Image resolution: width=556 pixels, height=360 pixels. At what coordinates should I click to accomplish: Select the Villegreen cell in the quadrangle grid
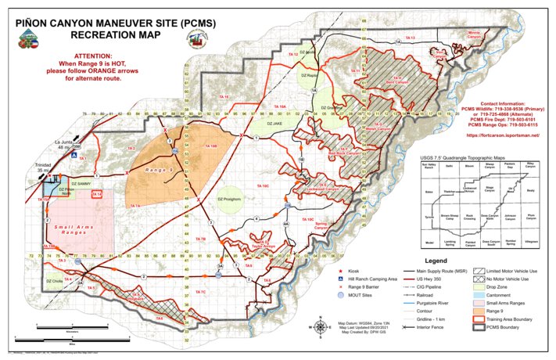coord(530,243)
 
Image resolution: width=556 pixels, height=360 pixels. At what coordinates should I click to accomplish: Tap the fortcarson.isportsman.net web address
coord(502,135)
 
